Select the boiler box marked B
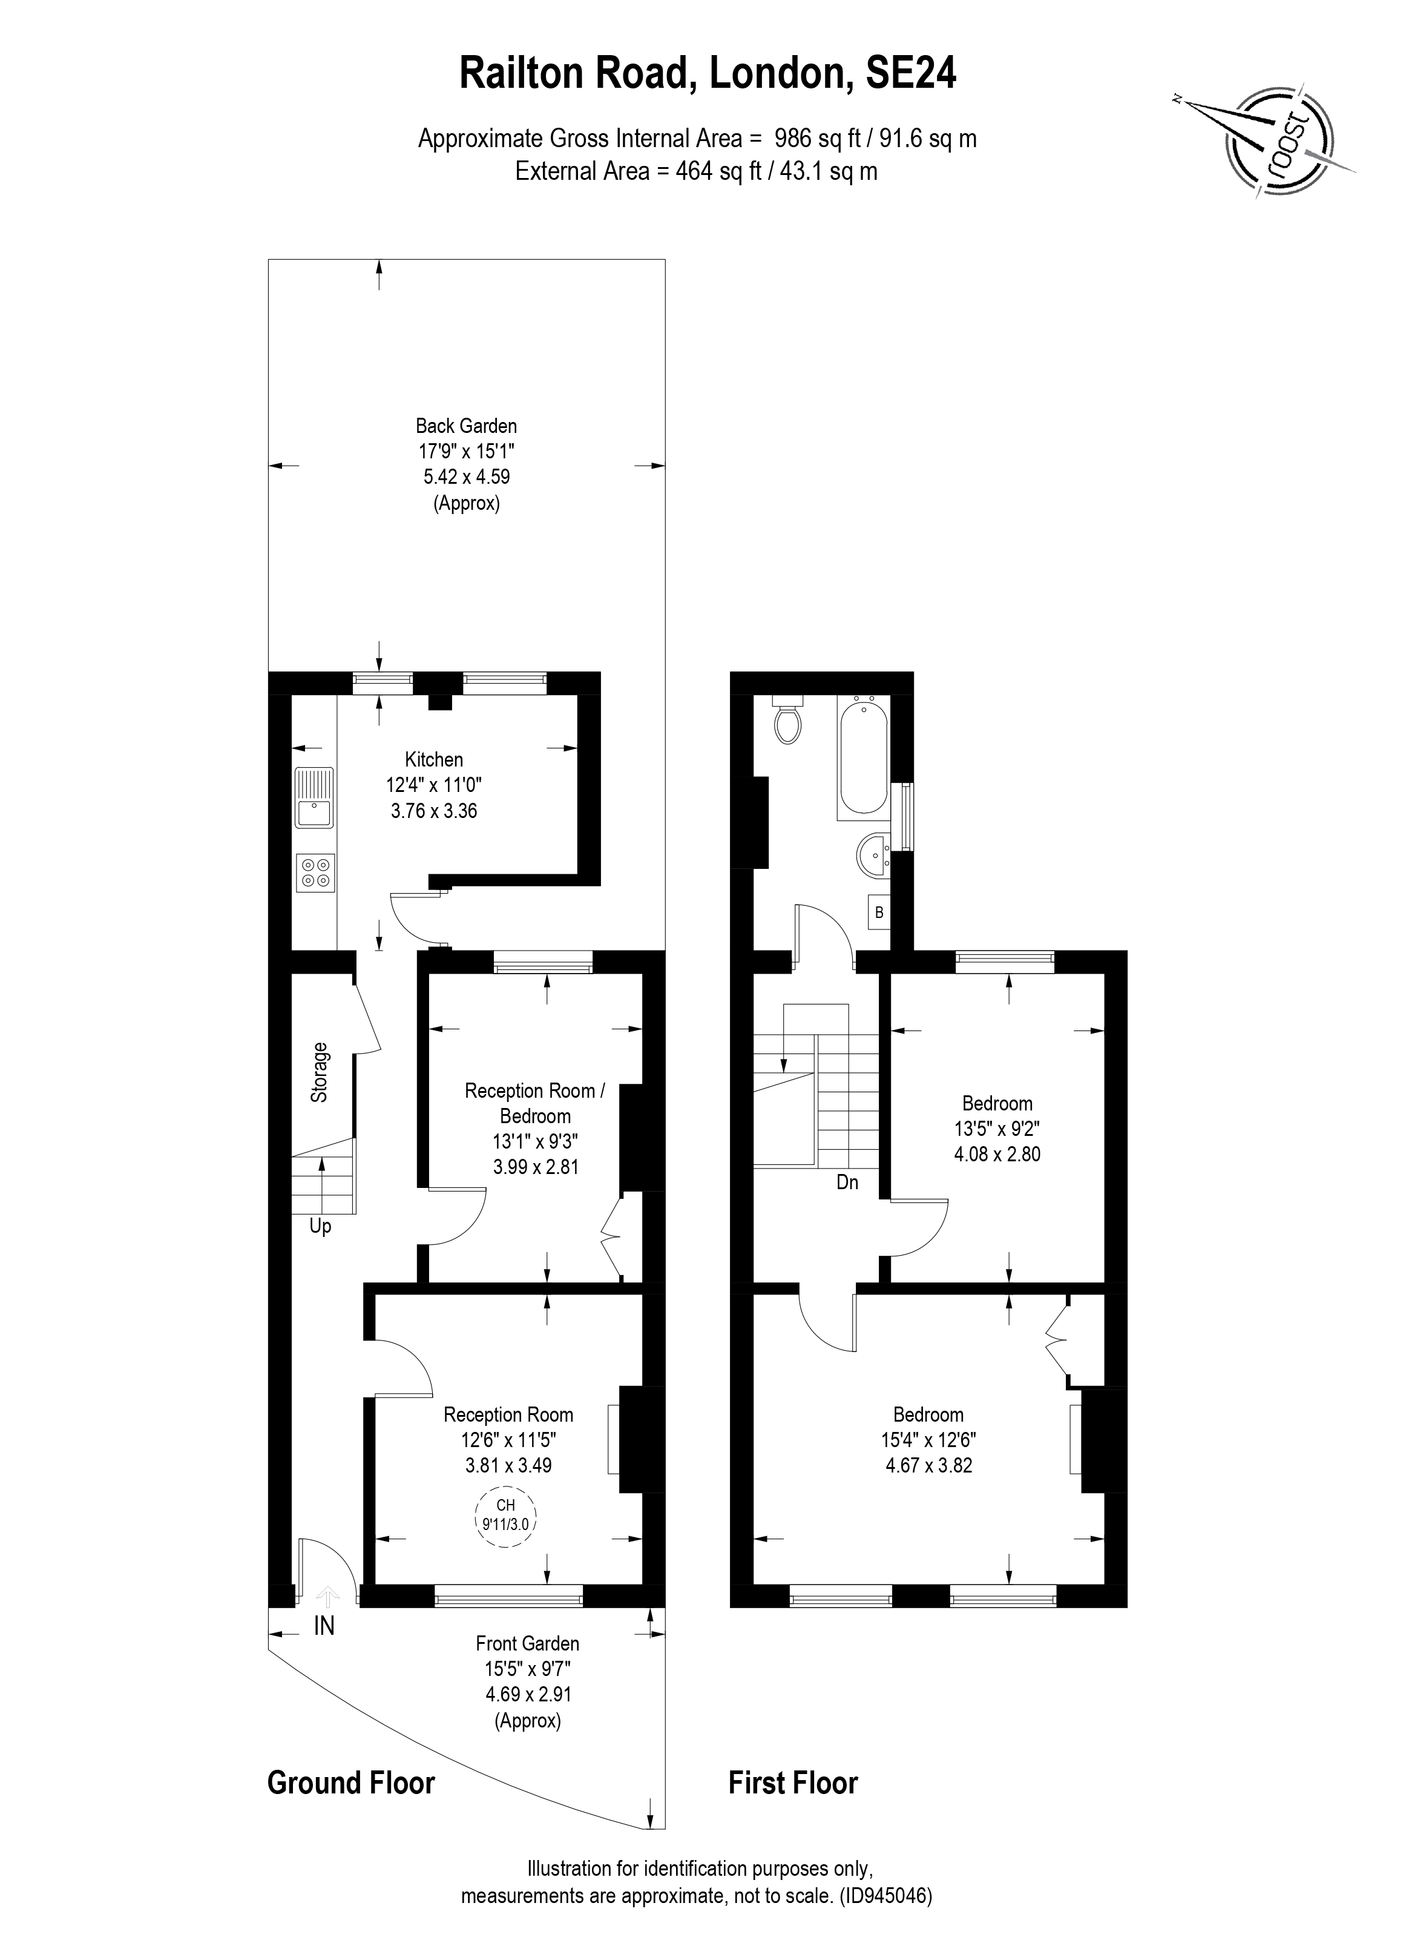(x=878, y=913)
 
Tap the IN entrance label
(x=324, y=1625)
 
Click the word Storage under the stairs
(x=319, y=1072)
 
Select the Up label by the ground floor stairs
(x=320, y=1227)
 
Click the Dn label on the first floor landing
(x=847, y=1182)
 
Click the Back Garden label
(x=466, y=426)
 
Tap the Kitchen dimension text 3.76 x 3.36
(x=434, y=811)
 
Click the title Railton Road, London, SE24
(x=708, y=74)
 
